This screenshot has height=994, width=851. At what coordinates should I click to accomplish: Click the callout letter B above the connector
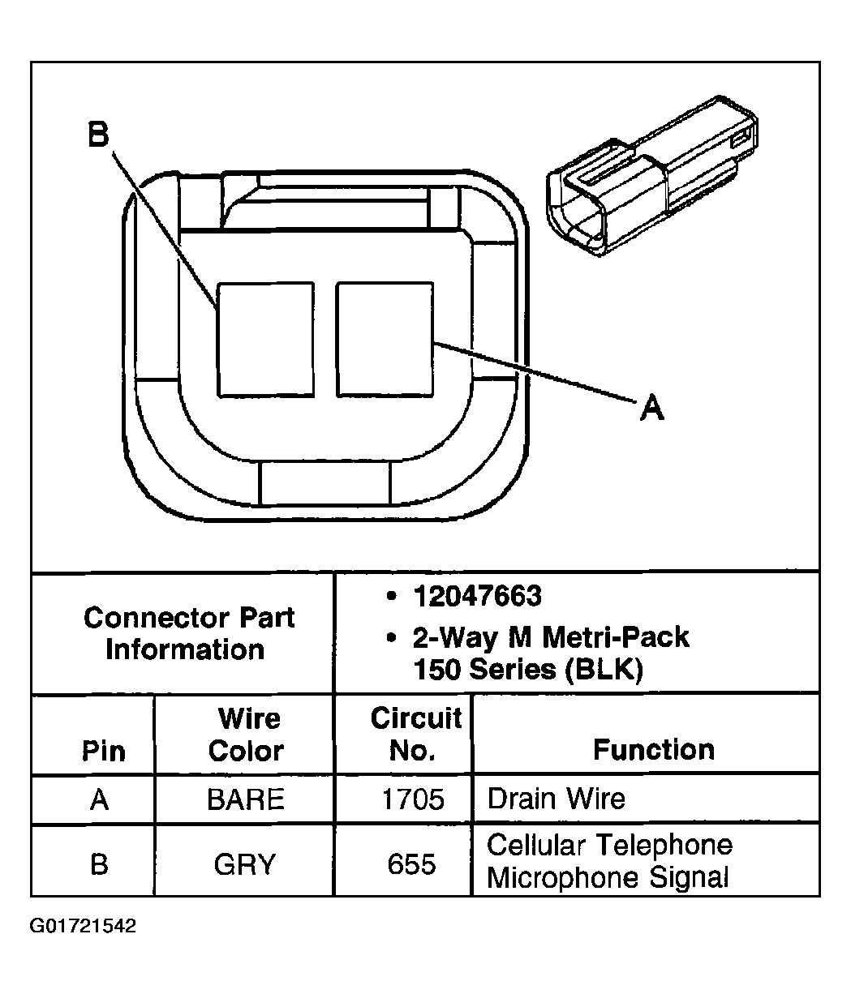click(98, 135)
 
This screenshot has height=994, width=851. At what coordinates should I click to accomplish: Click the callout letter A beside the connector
click(651, 408)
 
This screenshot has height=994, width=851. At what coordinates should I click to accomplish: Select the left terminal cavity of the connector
click(265, 339)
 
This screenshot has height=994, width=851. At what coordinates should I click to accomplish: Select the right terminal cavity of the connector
click(385, 339)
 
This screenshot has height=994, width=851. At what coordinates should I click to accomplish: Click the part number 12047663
click(476, 597)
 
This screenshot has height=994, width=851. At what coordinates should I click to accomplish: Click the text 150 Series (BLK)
click(527, 671)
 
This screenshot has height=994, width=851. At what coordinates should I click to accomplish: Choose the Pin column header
click(104, 751)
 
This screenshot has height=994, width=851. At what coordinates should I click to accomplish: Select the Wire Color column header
click(246, 735)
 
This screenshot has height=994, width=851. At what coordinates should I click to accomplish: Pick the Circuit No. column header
click(415, 735)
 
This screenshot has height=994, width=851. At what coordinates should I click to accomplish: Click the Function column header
click(653, 749)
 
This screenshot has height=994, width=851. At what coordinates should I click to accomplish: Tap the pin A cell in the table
click(99, 800)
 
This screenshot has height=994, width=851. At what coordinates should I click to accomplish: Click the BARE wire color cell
click(246, 800)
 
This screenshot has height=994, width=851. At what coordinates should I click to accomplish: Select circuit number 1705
click(413, 800)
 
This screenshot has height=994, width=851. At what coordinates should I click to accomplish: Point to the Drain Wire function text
click(556, 799)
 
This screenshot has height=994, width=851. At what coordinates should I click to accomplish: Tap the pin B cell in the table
click(99, 863)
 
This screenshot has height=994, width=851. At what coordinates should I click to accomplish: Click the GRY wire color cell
click(246, 864)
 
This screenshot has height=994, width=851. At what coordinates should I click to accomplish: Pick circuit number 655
click(412, 864)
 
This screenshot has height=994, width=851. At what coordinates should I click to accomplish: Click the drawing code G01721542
click(83, 926)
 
